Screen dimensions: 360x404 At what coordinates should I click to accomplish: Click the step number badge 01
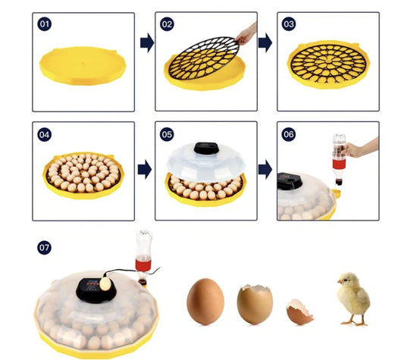point(45,24)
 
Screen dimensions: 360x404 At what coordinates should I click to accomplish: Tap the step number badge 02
point(168,24)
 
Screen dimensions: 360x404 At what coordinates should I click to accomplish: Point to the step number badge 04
point(45,134)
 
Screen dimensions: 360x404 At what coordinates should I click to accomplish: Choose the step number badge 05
point(168,134)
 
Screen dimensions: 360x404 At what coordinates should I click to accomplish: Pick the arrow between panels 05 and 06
point(265,168)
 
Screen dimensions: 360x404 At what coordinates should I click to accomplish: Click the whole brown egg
point(205,301)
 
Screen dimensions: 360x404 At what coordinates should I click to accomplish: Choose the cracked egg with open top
point(255,303)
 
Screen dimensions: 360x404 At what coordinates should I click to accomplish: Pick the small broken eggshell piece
point(299,312)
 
